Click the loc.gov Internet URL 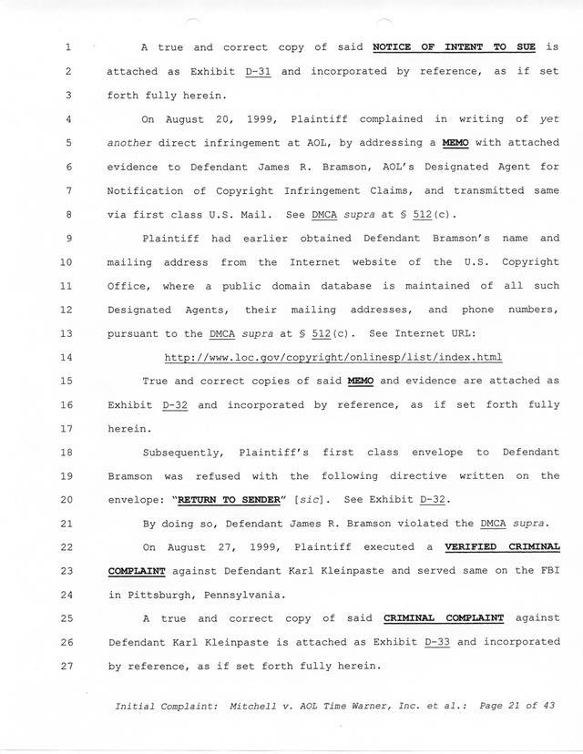[333, 356]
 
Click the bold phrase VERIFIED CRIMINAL [502, 546]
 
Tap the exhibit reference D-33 [438, 641]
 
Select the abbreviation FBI [547, 570]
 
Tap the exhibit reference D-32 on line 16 [175, 403]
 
